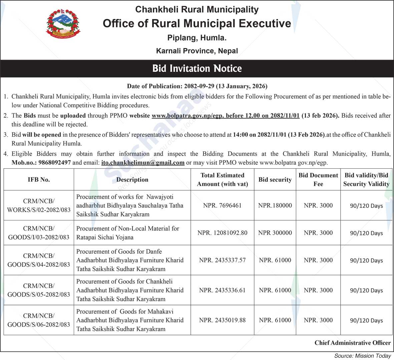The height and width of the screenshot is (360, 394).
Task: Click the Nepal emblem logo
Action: [x=63, y=24]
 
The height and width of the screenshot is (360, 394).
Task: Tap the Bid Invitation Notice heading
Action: [x=197, y=68]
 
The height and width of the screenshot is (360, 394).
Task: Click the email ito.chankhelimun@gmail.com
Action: [x=143, y=163]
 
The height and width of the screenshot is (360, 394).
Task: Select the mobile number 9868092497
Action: [x=54, y=163]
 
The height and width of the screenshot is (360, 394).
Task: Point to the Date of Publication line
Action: [x=197, y=86]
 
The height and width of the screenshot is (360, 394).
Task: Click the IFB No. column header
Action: [x=39, y=180]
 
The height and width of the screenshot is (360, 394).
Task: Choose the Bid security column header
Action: [x=275, y=180]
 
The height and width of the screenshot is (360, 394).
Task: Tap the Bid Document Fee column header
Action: [x=318, y=180]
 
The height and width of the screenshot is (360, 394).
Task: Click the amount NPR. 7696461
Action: [x=222, y=205]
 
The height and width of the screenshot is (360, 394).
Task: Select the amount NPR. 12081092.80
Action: [x=222, y=233]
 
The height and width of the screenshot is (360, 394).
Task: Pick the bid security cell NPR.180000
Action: [x=275, y=205]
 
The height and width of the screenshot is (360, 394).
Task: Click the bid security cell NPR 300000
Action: [x=275, y=233]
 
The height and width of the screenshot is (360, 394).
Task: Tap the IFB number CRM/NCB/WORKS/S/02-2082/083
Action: [x=39, y=205]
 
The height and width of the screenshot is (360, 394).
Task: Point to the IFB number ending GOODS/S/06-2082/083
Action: [x=39, y=320]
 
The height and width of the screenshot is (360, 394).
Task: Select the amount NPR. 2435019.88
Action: [x=222, y=320]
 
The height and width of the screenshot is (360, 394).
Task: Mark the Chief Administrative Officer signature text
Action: [x=352, y=343]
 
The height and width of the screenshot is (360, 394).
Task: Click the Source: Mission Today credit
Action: [x=362, y=356]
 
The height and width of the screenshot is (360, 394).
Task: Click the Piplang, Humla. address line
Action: [x=197, y=38]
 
